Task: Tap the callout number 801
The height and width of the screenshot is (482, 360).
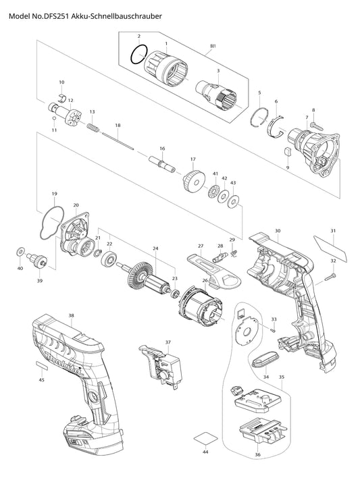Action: coord(213,46)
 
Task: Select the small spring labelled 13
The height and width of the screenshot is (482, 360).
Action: coord(93,128)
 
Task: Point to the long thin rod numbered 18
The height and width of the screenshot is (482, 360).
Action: coord(118,141)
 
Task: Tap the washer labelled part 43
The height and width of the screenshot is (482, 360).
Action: coord(233,202)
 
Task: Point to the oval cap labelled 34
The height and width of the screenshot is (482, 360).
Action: coord(265,358)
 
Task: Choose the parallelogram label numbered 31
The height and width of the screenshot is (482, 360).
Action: coord(330,247)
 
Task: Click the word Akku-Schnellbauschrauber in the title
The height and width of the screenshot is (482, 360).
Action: coord(117,16)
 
